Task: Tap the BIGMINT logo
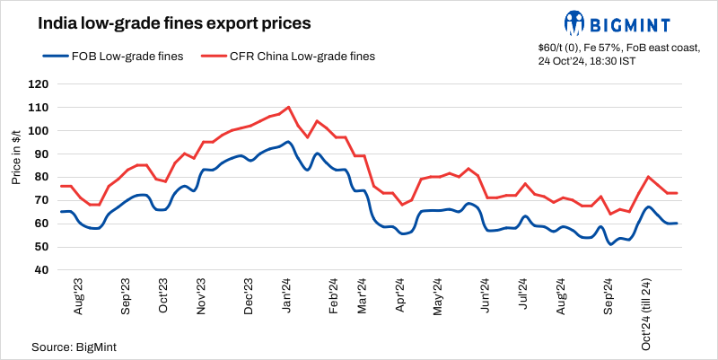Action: (x=627, y=21)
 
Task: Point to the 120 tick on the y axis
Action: (x=38, y=84)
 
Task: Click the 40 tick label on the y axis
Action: (x=40, y=270)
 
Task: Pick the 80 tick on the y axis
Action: (x=40, y=177)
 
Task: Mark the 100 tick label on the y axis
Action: (x=38, y=131)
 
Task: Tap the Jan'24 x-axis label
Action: (x=288, y=295)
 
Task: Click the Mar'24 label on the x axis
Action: (x=363, y=295)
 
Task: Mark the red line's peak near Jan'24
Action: (x=288, y=107)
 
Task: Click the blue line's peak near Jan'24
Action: (x=288, y=142)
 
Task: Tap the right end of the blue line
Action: (x=677, y=224)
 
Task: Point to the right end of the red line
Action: (x=677, y=193)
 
